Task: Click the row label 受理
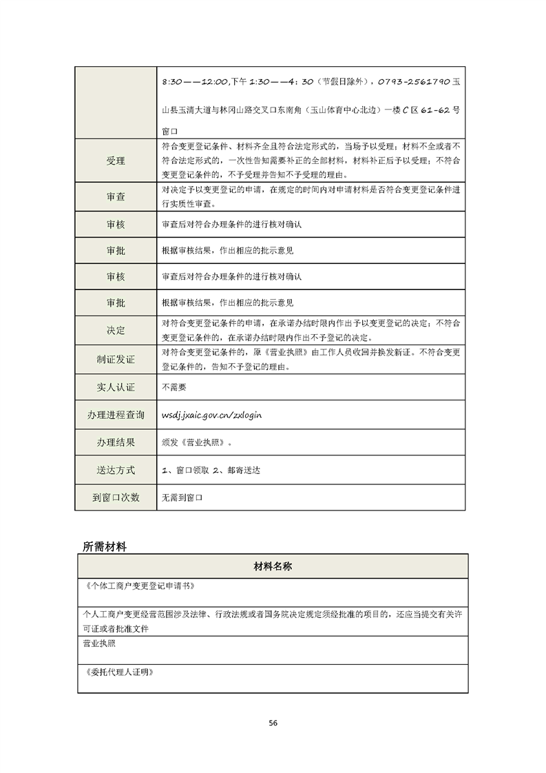(116, 161)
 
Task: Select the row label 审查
(116, 197)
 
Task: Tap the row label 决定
(116, 331)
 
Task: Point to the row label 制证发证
(116, 360)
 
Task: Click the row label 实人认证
(116, 387)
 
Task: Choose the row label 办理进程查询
(116, 415)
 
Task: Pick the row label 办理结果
(116, 442)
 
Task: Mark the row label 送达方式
(116, 470)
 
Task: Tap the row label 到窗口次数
(116, 497)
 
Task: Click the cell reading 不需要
(174, 387)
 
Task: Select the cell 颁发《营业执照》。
(197, 442)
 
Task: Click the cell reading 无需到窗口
(184, 497)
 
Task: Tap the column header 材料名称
(273, 566)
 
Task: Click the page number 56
(273, 723)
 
